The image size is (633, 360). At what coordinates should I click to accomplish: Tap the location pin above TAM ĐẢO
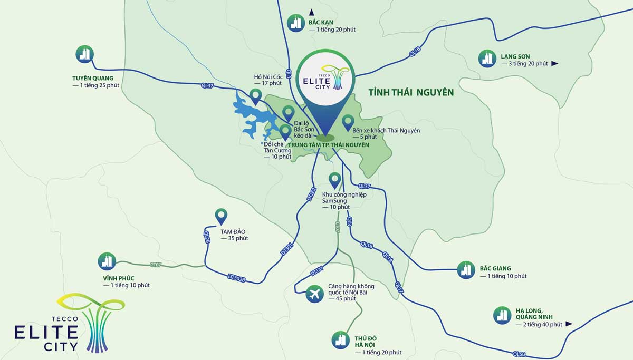(x=221, y=216)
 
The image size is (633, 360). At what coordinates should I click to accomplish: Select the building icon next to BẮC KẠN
(x=296, y=22)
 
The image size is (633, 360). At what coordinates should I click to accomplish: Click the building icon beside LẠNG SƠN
(x=487, y=59)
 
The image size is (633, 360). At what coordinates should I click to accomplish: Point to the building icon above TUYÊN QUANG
(x=85, y=53)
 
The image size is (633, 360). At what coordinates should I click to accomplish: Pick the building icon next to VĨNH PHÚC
(x=107, y=261)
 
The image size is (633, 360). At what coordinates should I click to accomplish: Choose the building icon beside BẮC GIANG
(x=466, y=270)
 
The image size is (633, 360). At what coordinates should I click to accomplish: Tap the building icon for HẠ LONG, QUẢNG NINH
(x=502, y=315)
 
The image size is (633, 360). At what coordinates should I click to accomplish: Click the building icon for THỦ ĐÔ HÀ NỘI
(x=341, y=340)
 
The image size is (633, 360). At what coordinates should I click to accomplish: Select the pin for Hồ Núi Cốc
(x=256, y=96)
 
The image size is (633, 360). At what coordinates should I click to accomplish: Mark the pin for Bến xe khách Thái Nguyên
(x=348, y=122)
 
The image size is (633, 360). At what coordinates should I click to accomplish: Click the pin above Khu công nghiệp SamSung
(x=334, y=180)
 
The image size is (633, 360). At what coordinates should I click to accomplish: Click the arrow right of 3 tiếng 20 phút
(x=554, y=64)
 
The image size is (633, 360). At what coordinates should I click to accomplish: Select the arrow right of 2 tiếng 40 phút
(x=569, y=324)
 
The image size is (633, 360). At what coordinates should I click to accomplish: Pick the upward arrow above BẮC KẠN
(x=312, y=12)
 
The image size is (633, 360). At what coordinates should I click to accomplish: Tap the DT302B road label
(x=237, y=277)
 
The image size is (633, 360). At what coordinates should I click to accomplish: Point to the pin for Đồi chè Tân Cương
(x=285, y=131)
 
